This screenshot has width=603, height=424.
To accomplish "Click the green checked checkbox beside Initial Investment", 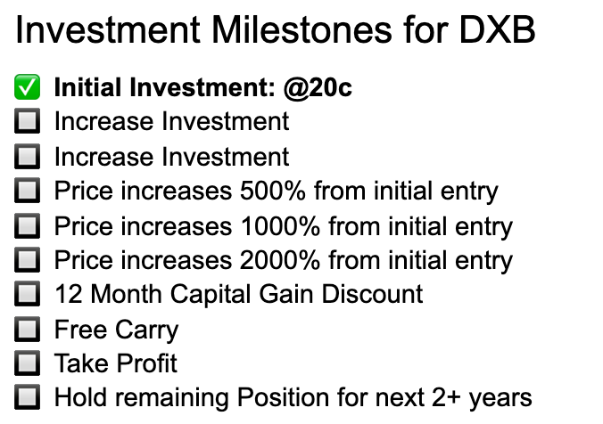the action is click(28, 87).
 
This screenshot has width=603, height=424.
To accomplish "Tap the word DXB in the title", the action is click(497, 29).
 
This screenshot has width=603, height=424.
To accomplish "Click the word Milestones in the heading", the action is click(301, 29).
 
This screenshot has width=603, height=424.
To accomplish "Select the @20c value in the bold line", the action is click(318, 88).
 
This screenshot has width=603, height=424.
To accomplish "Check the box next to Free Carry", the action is click(28, 330).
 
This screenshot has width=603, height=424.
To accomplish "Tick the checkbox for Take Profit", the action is click(28, 363).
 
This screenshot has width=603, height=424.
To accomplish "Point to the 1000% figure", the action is click(280, 226).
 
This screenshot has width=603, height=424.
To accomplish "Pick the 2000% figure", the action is click(280, 260).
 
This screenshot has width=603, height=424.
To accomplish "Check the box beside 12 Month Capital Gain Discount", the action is click(28, 294).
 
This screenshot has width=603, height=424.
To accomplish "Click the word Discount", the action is click(372, 294).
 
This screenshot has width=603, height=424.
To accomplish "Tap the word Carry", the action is click(147, 330).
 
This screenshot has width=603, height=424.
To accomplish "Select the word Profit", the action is click(146, 363).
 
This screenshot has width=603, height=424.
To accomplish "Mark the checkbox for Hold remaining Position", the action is click(28, 396).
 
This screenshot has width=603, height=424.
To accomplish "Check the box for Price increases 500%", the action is click(28, 190).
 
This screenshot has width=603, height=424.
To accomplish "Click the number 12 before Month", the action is click(69, 294).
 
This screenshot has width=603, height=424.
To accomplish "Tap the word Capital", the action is click(211, 295).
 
